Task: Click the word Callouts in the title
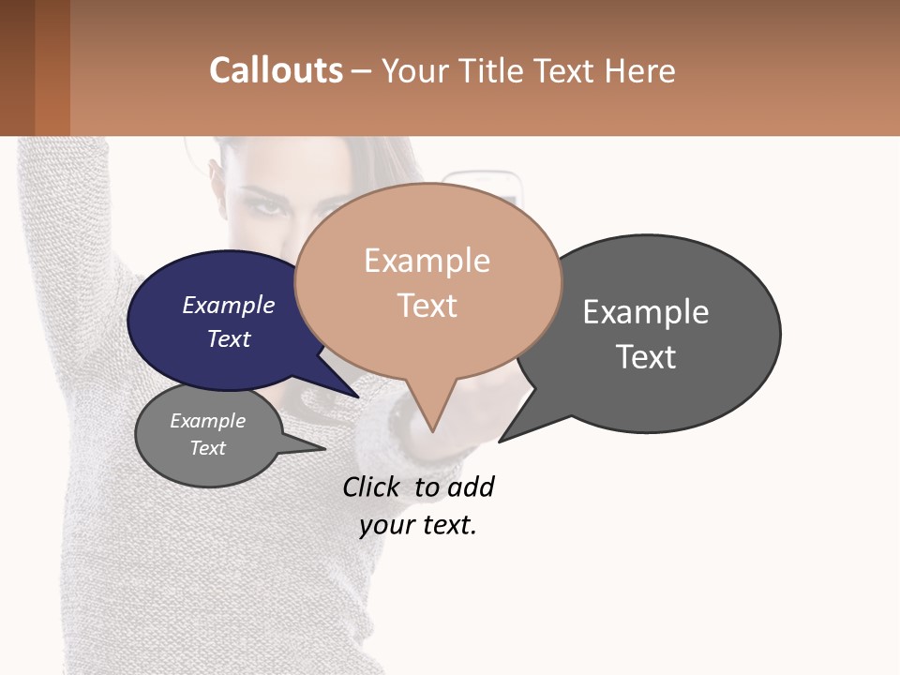pos(276,70)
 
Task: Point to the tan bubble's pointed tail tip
pos(432,430)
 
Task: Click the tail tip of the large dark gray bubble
pos(501,441)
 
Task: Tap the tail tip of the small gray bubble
pos(323,449)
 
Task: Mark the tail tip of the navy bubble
pos(357,397)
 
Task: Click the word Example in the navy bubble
pos(228,305)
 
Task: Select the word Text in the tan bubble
pos(427,305)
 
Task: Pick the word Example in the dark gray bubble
pos(646,311)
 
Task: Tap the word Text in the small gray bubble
pos(208,448)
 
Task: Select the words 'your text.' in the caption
pos(418,525)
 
